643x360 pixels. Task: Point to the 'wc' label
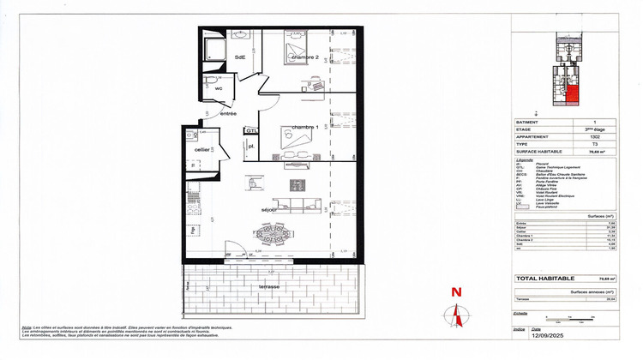pos(219,87)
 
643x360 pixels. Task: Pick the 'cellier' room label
pos(203,149)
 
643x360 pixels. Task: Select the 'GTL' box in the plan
pos(251,130)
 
